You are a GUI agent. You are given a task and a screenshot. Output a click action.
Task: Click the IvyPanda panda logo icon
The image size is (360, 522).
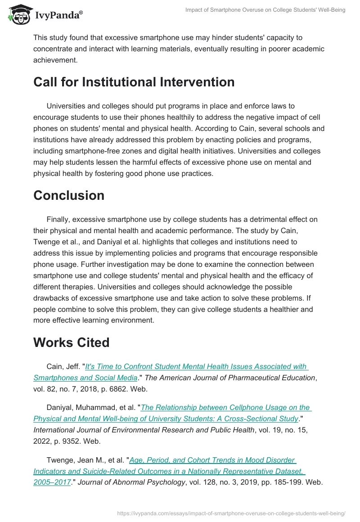coord(18,14)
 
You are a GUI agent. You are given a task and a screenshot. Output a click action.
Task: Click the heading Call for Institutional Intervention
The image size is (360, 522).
coord(134,82)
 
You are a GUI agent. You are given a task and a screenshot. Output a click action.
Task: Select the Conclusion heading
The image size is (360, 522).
coord(68,195)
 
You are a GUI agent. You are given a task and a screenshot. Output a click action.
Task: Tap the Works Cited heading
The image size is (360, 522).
coord(71,342)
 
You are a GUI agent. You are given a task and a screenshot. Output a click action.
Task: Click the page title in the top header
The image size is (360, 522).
coord(265,10)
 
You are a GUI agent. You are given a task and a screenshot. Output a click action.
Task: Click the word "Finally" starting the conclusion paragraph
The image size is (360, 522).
coord(58,219)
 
